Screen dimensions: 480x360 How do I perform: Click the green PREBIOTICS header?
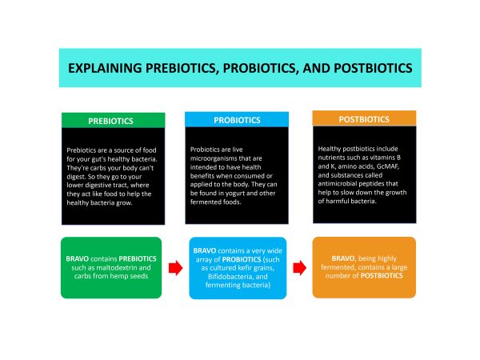(x=114, y=120)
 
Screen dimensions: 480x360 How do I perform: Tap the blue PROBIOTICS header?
(x=237, y=120)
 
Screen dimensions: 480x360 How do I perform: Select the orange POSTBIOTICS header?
(x=364, y=118)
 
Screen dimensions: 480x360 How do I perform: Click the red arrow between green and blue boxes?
(x=176, y=268)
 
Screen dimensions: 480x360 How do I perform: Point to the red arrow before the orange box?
(x=300, y=268)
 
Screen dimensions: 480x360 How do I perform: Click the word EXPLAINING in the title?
(x=105, y=68)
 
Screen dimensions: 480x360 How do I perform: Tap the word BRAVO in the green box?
(x=77, y=258)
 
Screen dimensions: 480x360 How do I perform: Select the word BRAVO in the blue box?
(x=205, y=250)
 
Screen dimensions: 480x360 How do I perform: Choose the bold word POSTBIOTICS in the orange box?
(x=382, y=275)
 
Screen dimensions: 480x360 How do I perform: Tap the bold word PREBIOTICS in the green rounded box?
(x=138, y=258)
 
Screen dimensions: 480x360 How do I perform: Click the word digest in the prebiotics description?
(x=76, y=177)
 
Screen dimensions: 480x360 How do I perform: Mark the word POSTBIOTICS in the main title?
(x=373, y=68)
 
